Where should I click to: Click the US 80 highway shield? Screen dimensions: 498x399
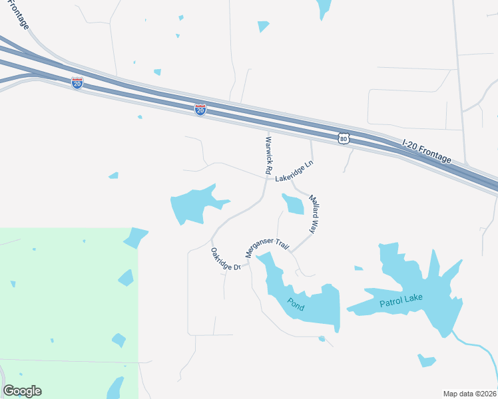[x=343, y=138]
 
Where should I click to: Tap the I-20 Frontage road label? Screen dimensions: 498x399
[x=427, y=152]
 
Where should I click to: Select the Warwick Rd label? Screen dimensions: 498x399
[x=268, y=156]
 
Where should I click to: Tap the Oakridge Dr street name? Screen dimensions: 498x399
[x=225, y=259]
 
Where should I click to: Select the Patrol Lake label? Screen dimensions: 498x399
[x=401, y=301]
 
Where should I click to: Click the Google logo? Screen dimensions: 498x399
[x=22, y=391]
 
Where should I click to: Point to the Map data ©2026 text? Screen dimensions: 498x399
[x=469, y=393]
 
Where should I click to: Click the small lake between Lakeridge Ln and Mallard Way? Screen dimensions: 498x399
[x=293, y=203]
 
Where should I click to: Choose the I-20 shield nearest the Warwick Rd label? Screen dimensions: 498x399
[x=200, y=110]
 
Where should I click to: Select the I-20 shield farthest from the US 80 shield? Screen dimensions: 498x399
[x=77, y=83]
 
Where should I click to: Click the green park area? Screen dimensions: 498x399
[x=67, y=313]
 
